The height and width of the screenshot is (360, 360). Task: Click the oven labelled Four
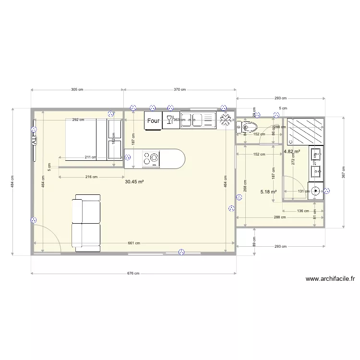pyautogui.click(x=153, y=120)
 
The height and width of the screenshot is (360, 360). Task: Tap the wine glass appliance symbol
pyautogui.click(x=169, y=120)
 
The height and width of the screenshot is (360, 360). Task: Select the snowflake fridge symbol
pyautogui.click(x=224, y=120)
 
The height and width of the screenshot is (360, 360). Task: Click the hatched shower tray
pyautogui.click(x=305, y=131)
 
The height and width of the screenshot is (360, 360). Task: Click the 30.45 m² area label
pyautogui.click(x=134, y=182)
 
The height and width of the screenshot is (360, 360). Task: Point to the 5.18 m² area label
pyautogui.click(x=268, y=192)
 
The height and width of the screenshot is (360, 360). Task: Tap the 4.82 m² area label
pyautogui.click(x=292, y=151)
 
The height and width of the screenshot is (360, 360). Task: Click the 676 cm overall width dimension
pyautogui.click(x=133, y=274)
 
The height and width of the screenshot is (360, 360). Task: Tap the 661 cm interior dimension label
pyautogui.click(x=134, y=243)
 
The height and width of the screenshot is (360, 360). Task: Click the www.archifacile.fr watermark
pyautogui.click(x=330, y=278)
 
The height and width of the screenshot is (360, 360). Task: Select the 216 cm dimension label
pyautogui.click(x=91, y=177)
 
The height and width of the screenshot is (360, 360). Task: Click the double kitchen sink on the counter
pyautogui.click(x=197, y=120)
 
